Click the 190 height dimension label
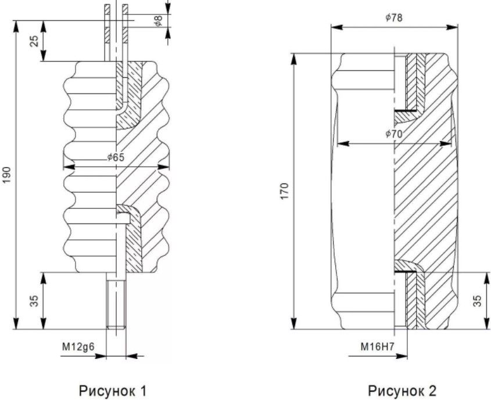(x=7, y=175)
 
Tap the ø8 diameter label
(x=159, y=21)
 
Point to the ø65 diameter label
(x=116, y=157)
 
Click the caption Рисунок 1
(x=112, y=391)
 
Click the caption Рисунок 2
(x=402, y=391)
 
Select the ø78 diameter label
(x=393, y=18)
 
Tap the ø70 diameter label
(x=393, y=134)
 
